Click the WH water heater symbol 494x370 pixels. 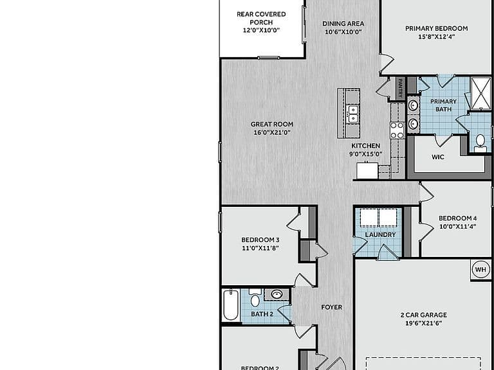click(x=480, y=270)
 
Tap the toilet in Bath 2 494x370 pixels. click(x=255, y=297)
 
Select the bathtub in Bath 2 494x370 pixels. click(x=231, y=305)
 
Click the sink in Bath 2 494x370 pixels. click(x=277, y=294)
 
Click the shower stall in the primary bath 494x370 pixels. click(x=480, y=93)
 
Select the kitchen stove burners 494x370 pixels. click(x=397, y=130)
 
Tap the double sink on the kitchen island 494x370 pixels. click(x=352, y=114)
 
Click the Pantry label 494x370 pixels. click(x=400, y=88)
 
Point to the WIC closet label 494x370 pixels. click(x=437, y=157)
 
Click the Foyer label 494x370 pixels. click(x=331, y=307)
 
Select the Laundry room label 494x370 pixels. click(x=380, y=234)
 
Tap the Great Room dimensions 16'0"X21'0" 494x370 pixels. click(x=272, y=132)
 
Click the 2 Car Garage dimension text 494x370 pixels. click(x=424, y=323)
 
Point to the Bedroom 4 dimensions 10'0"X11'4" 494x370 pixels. click(x=457, y=226)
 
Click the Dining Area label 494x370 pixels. click(x=343, y=24)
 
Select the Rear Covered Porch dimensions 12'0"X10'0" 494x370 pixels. click(x=261, y=30)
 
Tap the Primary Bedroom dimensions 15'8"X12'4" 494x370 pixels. click(x=436, y=37)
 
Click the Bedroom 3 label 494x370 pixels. click(x=261, y=240)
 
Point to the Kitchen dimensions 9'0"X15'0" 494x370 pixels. click(x=365, y=154)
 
